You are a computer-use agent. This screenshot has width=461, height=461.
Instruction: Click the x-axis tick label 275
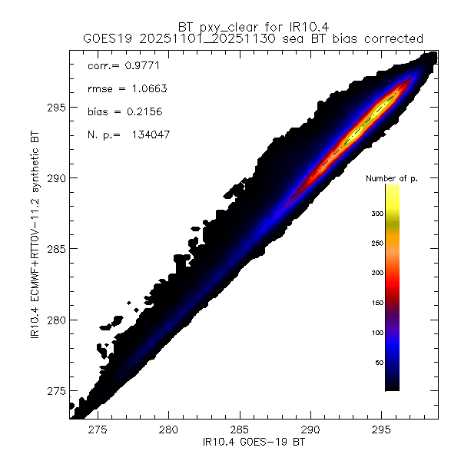(98, 432)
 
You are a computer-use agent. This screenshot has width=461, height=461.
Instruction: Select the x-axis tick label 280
(168, 432)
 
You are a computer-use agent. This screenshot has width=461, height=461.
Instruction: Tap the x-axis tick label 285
(240, 432)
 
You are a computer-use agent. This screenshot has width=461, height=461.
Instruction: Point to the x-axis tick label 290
(310, 432)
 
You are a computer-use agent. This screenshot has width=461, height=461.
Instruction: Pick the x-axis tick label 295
(381, 432)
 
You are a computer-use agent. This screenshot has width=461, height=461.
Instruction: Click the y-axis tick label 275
(55, 391)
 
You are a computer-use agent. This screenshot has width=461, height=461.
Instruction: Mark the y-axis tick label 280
(55, 320)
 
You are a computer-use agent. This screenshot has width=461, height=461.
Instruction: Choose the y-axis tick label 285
(55, 249)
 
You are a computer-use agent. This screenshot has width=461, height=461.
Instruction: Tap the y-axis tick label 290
(55, 178)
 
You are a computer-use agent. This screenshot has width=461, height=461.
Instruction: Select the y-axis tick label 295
(55, 108)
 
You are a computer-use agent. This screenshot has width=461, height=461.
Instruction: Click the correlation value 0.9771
(136, 66)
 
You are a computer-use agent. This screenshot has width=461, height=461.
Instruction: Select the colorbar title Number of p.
(392, 178)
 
